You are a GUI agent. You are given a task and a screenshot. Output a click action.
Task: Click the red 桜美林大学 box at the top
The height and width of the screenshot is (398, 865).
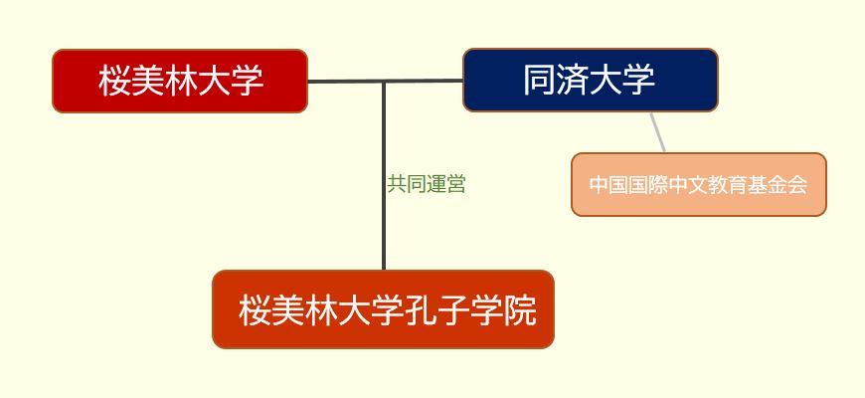pyautogui.click(x=180, y=82)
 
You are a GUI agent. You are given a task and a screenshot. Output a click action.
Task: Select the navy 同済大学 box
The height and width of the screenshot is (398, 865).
pyautogui.click(x=591, y=80)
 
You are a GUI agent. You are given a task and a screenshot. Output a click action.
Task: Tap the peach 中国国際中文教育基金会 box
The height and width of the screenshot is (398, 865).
pyautogui.click(x=698, y=184)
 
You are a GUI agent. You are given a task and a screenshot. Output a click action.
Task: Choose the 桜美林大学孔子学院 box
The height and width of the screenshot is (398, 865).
pyautogui.click(x=384, y=309)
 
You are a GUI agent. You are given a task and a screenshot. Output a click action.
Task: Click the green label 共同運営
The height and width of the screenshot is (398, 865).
pyautogui.click(x=427, y=184)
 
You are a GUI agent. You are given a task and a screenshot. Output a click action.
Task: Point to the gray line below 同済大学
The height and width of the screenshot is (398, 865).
pyautogui.click(x=657, y=132)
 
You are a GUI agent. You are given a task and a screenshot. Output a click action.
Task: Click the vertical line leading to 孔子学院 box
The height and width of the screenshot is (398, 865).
pyautogui.click(x=384, y=175)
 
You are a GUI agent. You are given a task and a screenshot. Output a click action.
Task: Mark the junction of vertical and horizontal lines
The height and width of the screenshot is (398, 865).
pyautogui.click(x=384, y=82)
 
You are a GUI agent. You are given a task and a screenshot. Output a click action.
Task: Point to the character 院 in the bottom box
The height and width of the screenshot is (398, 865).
pyautogui.click(x=520, y=310)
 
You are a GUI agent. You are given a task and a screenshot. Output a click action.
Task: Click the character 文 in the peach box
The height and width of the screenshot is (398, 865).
pyautogui.click(x=698, y=185)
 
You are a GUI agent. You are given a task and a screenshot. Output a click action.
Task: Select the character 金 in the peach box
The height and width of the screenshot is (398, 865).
pyautogui.click(x=778, y=185)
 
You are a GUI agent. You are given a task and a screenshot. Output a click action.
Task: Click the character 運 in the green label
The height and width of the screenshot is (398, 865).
pyautogui.click(x=436, y=184)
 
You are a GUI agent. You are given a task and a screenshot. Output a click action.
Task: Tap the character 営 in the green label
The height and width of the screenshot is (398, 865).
pyautogui.click(x=456, y=184)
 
